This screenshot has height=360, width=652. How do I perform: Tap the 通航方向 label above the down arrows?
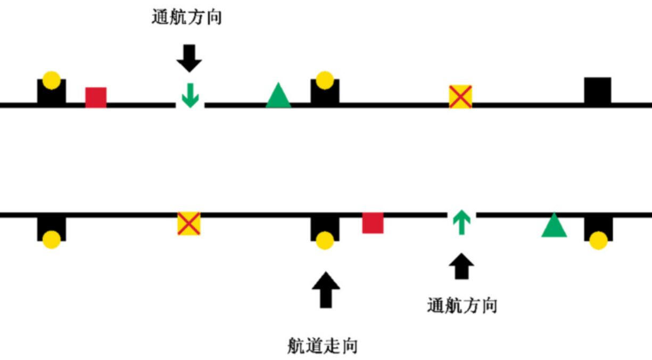187,18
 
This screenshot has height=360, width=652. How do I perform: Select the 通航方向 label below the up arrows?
462,306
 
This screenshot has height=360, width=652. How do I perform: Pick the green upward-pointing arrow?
461,223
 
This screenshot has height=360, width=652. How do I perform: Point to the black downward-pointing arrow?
189,58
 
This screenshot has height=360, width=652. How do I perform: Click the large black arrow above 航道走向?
325,289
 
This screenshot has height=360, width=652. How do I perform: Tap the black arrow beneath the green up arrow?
461,266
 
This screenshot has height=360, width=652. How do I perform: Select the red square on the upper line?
96,97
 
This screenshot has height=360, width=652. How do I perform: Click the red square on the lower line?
373,223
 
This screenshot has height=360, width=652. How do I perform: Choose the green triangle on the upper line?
278,96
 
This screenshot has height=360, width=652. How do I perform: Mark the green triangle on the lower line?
554,226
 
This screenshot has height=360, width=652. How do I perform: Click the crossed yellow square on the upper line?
460,97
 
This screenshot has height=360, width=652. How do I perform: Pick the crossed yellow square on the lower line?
188,224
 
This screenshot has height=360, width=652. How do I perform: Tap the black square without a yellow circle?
598,91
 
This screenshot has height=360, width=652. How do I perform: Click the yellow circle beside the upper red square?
51,80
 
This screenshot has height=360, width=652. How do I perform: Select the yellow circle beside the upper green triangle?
324,80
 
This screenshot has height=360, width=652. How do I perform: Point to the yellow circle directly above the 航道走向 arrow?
324,241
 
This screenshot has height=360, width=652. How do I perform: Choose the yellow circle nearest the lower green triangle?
598,241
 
